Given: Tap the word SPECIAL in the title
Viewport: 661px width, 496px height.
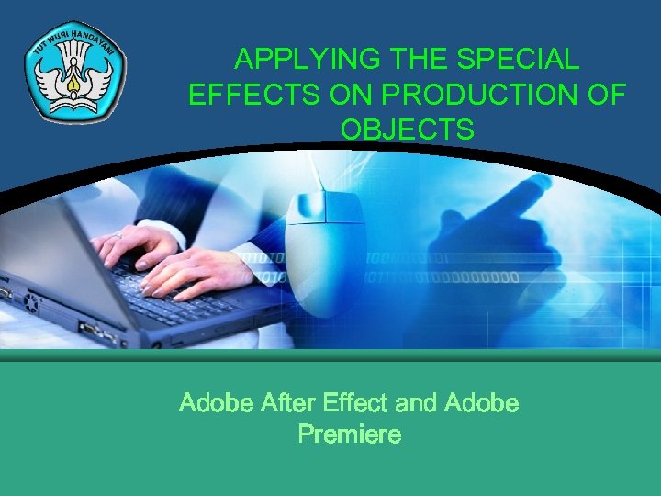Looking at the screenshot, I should pos(519,60).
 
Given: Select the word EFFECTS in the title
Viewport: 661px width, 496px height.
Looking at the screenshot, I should pos(241,95).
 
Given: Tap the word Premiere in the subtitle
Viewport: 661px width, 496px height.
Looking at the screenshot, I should pos(350,434).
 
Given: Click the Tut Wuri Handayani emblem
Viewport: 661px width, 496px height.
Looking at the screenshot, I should pos(75,73).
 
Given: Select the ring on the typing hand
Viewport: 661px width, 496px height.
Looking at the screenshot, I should pos(118,236).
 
